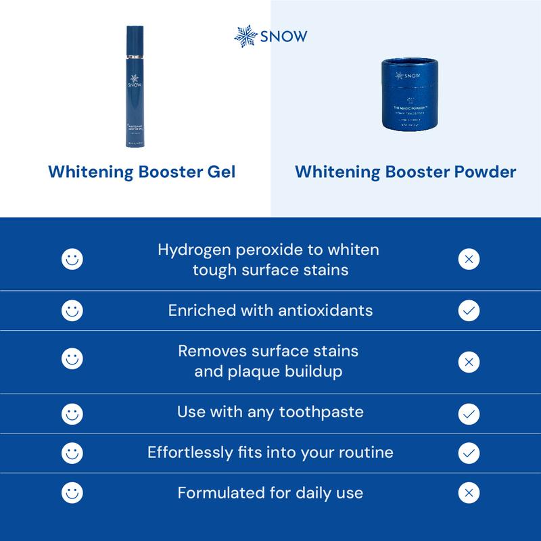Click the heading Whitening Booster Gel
click(x=142, y=172)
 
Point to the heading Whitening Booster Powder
click(x=406, y=172)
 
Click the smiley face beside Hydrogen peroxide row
click(x=72, y=258)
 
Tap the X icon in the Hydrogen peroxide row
click(x=469, y=258)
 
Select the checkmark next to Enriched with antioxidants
click(x=469, y=310)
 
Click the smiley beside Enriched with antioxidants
click(x=72, y=310)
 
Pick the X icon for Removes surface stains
click(x=469, y=362)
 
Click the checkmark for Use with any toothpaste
click(x=469, y=412)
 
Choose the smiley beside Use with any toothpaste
click(x=72, y=412)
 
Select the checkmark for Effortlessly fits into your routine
click(x=469, y=452)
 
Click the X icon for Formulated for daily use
click(x=469, y=493)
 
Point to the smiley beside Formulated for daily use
click(x=72, y=493)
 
